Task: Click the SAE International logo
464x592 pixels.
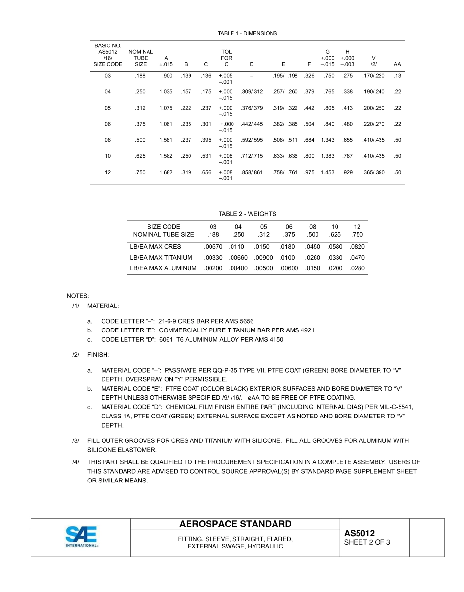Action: [x=82, y=536]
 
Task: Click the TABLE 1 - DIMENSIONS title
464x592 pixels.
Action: [x=247, y=34]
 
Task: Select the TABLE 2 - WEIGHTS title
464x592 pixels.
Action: [x=247, y=214]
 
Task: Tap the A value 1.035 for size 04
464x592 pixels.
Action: [x=166, y=92]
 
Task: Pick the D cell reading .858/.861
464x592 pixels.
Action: [x=252, y=173]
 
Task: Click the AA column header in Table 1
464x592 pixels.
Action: [x=397, y=64]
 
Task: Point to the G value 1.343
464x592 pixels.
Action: [x=327, y=140]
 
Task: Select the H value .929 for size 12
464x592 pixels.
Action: [x=348, y=173]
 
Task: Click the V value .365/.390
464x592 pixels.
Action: [x=373, y=173]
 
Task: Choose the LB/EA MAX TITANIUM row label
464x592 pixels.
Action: [x=161, y=258]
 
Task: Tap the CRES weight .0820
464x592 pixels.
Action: [x=357, y=247]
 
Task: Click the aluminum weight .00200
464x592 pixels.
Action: [x=213, y=268]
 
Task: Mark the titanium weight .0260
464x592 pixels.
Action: [x=313, y=258]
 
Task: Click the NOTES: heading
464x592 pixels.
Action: [x=78, y=296]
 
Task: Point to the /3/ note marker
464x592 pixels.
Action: [x=76, y=441]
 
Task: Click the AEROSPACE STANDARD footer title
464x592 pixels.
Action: [x=235, y=524]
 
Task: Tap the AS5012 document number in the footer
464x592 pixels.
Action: [x=359, y=533]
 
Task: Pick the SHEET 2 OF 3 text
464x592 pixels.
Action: [x=367, y=542]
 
